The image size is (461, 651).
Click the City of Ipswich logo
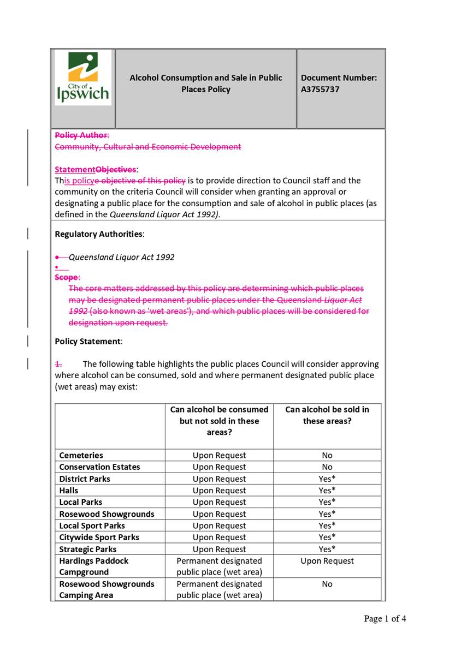point(83,78)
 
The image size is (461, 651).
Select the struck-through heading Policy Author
point(81,135)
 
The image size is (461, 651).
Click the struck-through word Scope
point(67,277)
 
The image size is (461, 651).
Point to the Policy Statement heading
point(88,342)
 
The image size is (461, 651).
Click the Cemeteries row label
point(81,455)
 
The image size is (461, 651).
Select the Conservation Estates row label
point(99,467)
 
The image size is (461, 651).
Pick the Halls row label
point(69,491)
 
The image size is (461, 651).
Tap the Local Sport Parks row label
point(92,525)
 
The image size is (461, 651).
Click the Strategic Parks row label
point(87,550)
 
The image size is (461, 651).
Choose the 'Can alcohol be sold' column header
point(327,415)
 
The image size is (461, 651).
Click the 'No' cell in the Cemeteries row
point(327,455)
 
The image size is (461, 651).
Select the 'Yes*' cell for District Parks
point(327,479)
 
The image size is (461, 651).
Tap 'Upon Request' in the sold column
point(327,561)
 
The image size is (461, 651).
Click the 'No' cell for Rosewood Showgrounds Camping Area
point(327,584)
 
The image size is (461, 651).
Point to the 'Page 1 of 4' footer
point(385,619)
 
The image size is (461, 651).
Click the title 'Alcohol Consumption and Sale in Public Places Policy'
point(206,83)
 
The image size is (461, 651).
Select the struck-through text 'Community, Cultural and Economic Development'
point(147,147)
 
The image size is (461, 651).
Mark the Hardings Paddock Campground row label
point(93,566)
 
